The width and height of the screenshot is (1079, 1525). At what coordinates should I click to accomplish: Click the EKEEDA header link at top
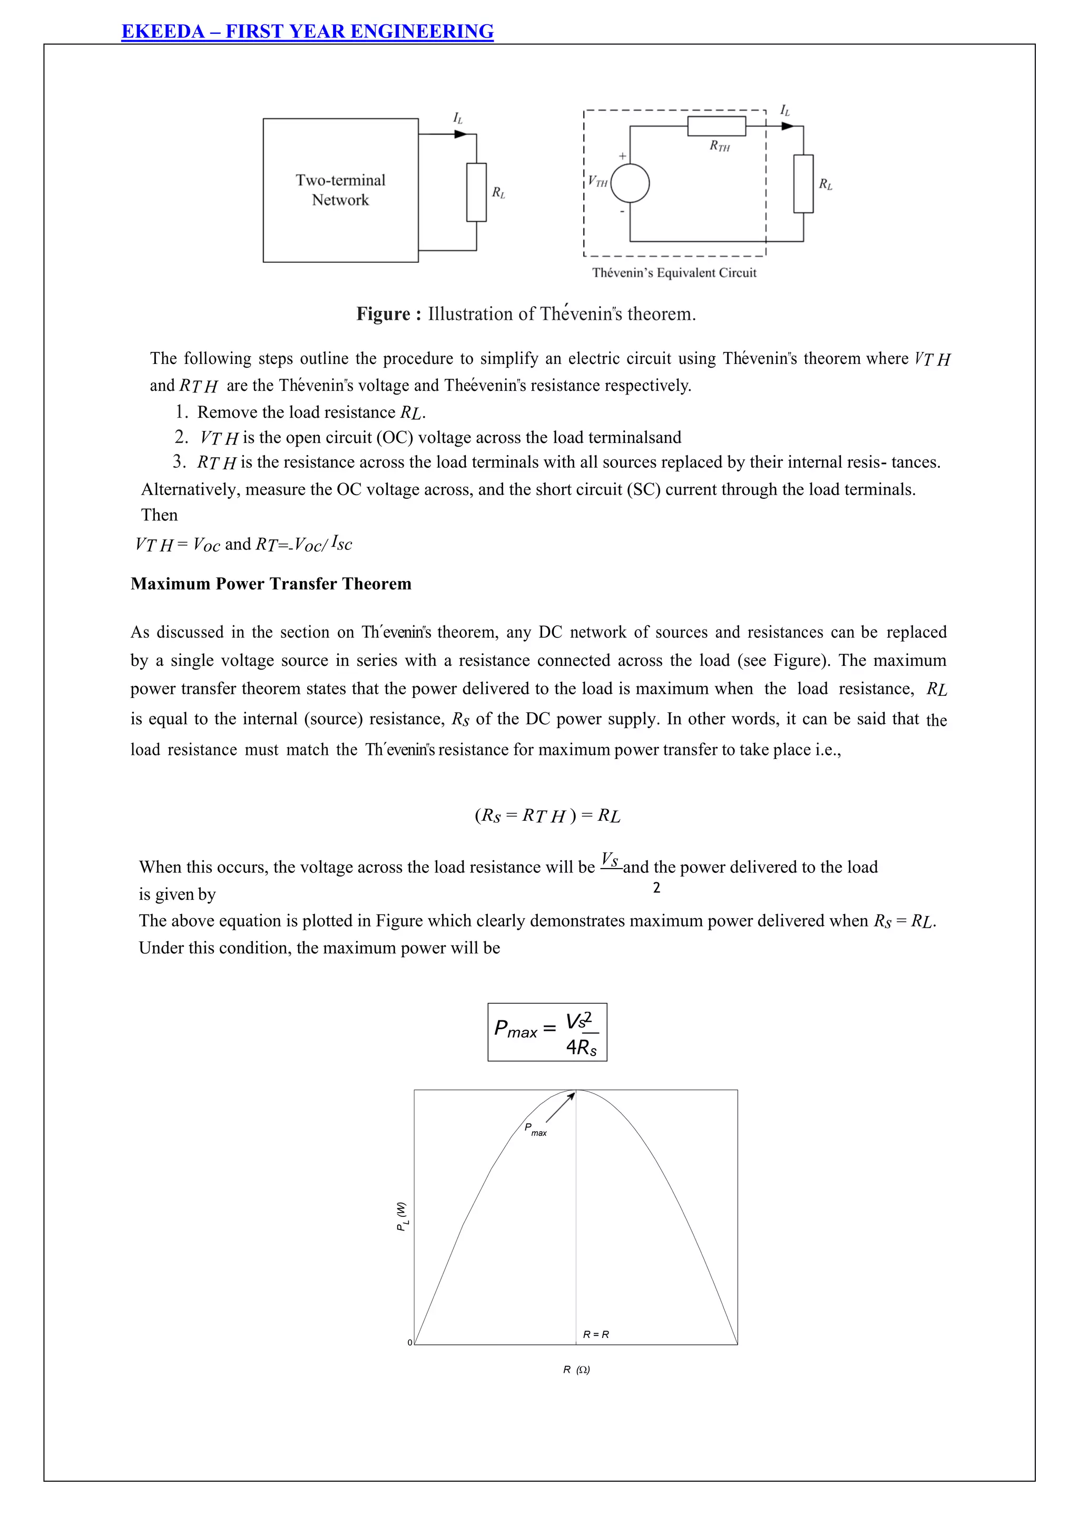[307, 31]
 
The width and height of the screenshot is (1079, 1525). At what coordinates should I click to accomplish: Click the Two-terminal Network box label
[340, 190]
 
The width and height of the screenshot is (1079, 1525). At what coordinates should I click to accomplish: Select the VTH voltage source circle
[630, 183]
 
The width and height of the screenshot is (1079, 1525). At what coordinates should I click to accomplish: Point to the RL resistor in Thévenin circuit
[803, 183]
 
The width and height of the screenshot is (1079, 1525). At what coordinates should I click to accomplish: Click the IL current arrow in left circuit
[460, 134]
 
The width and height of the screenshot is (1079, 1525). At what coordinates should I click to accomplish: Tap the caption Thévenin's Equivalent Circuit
[674, 272]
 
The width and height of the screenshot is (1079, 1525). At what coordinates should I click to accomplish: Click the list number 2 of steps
[181, 437]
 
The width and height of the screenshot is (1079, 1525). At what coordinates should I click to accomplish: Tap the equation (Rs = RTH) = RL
[547, 815]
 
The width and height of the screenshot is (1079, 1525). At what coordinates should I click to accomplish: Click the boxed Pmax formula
[547, 1031]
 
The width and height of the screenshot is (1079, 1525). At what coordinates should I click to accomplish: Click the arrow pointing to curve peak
[560, 1107]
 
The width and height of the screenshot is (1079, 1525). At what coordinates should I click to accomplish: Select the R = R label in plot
[595, 1334]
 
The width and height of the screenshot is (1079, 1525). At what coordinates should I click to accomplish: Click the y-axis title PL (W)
[402, 1216]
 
